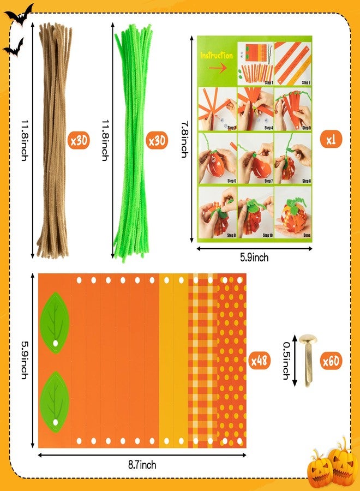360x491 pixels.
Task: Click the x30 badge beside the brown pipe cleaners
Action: click(79, 140)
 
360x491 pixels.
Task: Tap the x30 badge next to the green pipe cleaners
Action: click(158, 140)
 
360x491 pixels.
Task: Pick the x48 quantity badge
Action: click(260, 361)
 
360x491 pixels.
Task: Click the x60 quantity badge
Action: click(331, 361)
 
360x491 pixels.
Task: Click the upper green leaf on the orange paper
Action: click(55, 322)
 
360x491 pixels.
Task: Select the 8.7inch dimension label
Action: click(142, 465)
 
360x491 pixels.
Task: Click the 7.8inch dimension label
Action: click(185, 140)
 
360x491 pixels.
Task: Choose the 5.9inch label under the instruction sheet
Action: click(254, 258)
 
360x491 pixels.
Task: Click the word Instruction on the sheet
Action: click(216, 56)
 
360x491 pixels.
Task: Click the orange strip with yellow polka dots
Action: click(232, 360)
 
